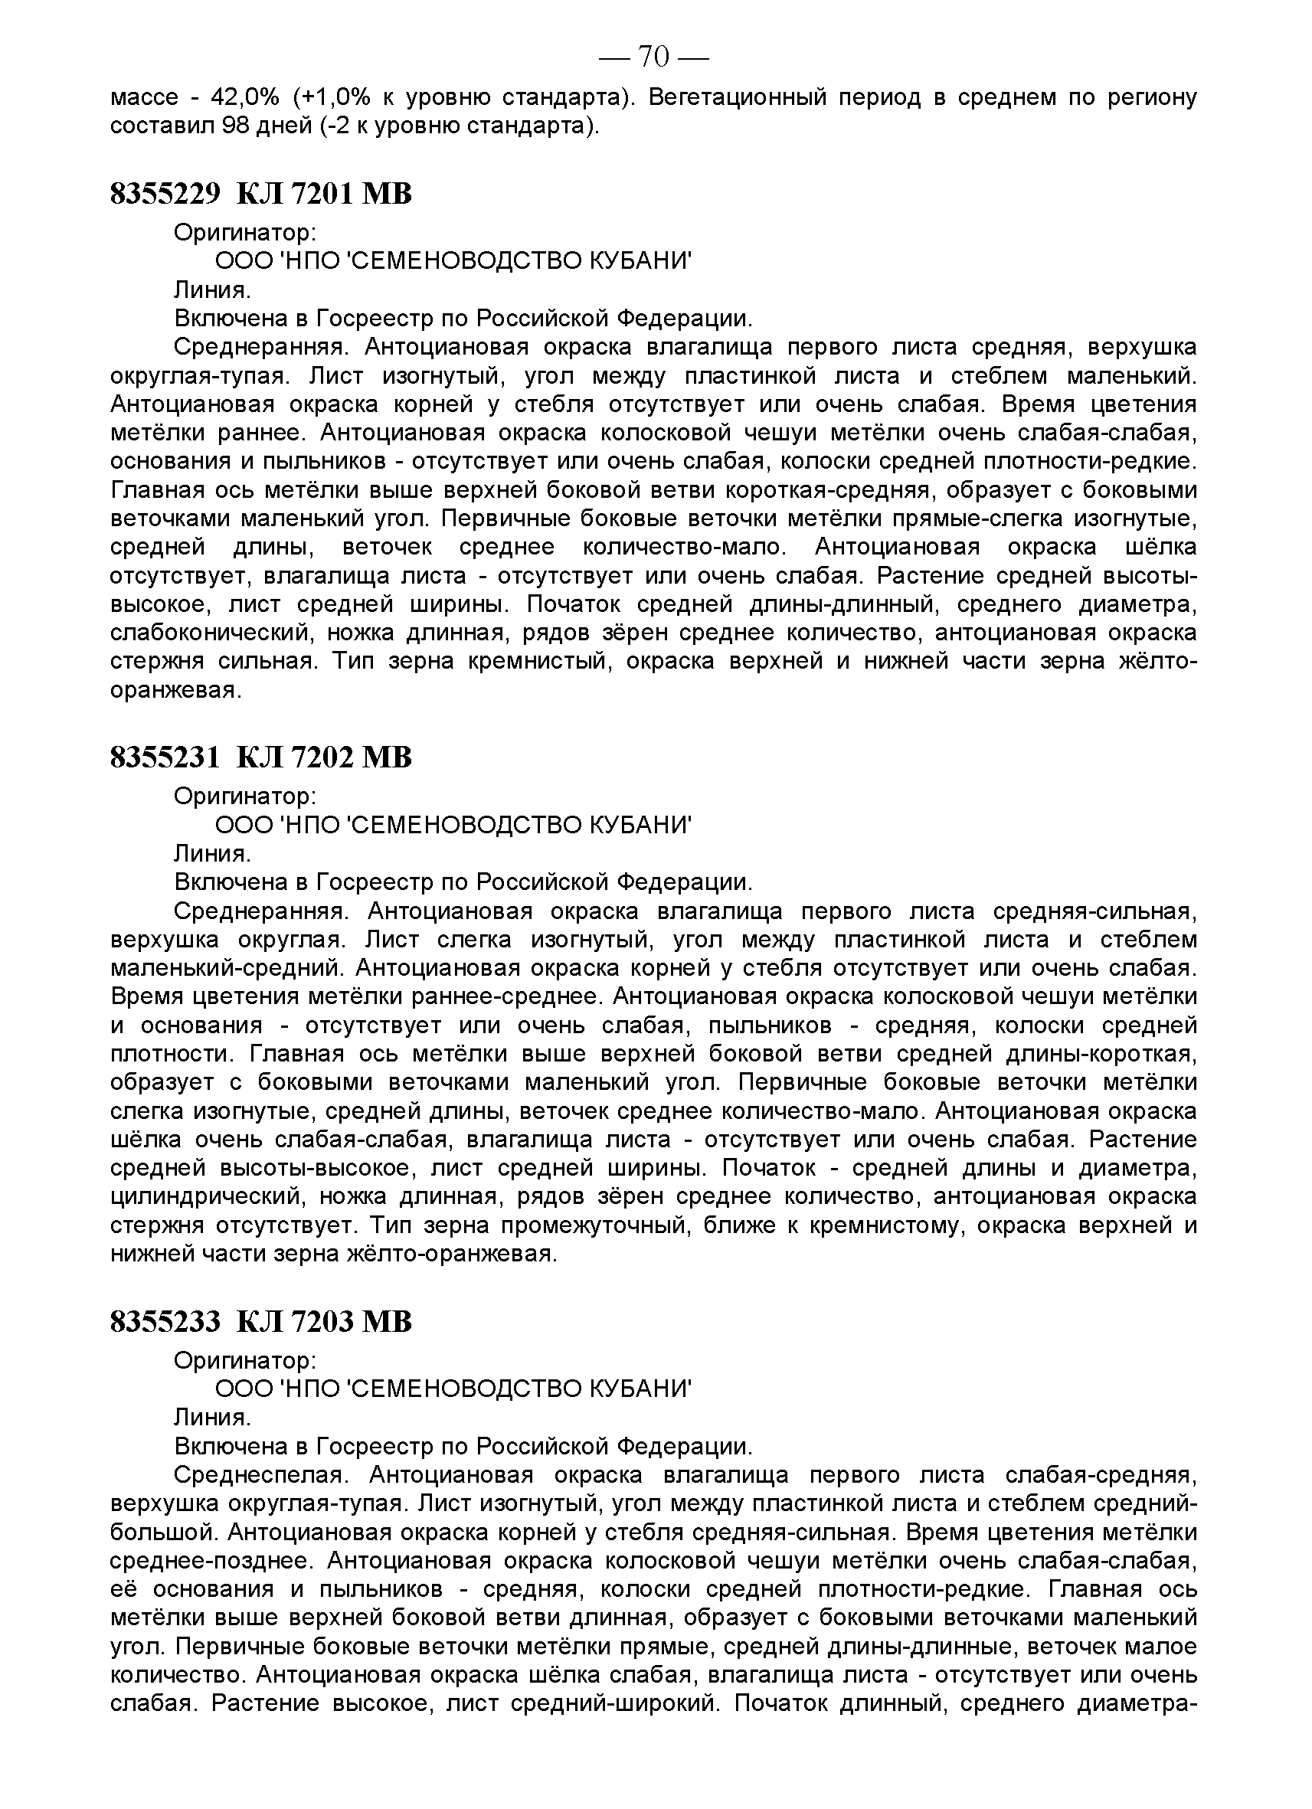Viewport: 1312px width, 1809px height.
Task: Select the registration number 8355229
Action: pos(165,194)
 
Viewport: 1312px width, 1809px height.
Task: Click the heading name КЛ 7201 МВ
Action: pos(325,194)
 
